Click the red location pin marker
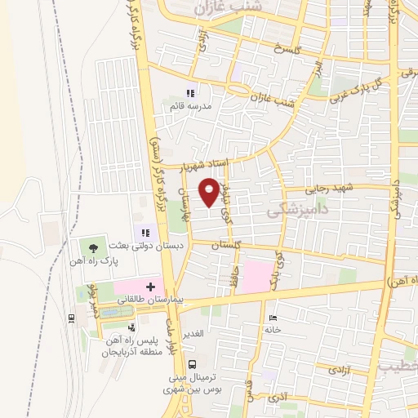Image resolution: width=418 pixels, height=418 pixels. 210,190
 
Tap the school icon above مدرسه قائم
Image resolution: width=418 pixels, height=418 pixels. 190,93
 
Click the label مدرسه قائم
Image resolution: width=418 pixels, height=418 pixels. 190,106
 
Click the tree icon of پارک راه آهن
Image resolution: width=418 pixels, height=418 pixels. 93,247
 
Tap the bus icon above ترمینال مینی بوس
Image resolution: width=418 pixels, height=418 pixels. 193,364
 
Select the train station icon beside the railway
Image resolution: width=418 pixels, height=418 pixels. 72,318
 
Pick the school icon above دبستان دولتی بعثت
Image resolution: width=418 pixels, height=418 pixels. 145,233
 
